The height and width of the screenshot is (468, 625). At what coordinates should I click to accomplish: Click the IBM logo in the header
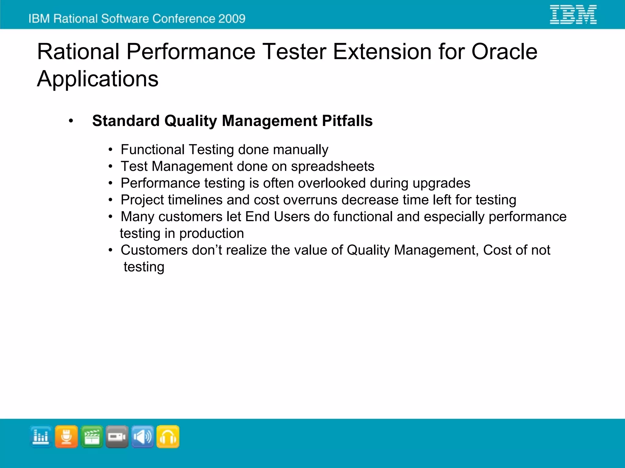point(573,14)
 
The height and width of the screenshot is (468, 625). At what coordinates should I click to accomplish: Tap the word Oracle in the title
point(504,52)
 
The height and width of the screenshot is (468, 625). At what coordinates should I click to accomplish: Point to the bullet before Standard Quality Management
point(71,121)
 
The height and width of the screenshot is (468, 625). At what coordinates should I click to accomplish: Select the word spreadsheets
point(332,167)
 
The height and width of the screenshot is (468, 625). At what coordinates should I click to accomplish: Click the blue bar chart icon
point(41,437)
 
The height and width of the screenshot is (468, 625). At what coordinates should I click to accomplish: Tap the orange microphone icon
point(66,437)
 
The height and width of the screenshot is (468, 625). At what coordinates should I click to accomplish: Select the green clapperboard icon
point(92,437)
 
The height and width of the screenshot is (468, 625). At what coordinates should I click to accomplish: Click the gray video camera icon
point(117,437)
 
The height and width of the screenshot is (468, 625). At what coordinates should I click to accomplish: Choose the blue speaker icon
point(143,437)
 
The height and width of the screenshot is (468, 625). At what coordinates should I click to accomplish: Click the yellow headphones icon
point(168,437)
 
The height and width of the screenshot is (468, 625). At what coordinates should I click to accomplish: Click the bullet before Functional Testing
point(110,150)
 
